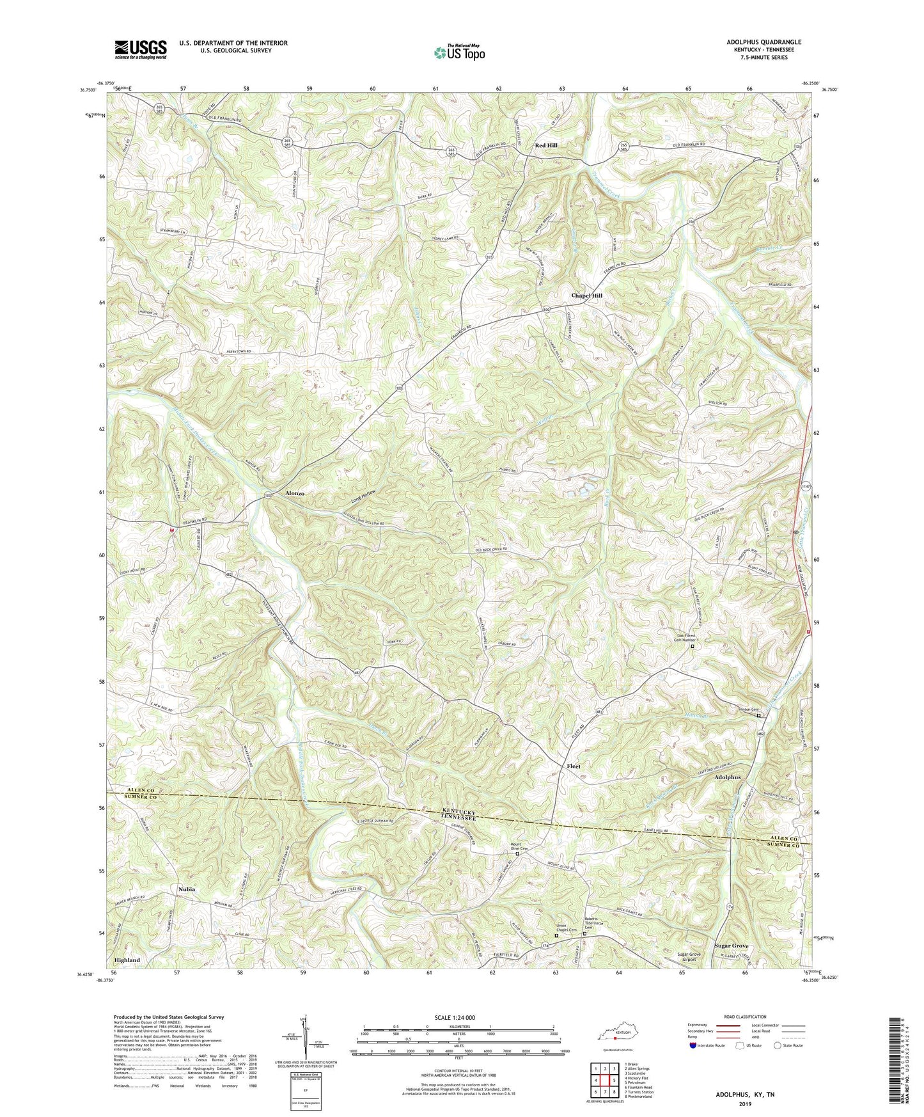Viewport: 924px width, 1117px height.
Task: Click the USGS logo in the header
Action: pos(141,49)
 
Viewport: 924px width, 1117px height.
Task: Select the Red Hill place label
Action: pos(546,146)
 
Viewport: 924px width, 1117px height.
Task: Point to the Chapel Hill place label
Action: pos(586,296)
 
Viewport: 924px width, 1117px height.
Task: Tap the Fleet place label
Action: pos(574,766)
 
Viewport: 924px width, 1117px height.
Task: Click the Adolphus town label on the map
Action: pos(728,777)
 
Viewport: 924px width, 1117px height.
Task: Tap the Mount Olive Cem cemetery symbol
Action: pos(517,854)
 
